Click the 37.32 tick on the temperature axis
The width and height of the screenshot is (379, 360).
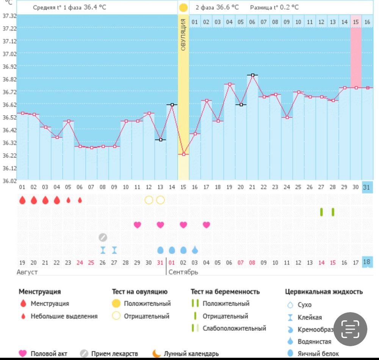point(9,16)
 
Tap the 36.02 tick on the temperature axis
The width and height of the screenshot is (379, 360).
point(9,181)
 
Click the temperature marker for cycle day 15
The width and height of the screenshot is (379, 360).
point(183,154)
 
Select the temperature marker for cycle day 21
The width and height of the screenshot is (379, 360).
point(252,75)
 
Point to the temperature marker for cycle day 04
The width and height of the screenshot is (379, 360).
point(57,137)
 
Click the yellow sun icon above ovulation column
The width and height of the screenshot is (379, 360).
point(183,7)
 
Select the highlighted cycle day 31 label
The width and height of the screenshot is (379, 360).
point(367,187)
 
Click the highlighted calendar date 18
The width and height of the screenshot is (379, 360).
point(367,262)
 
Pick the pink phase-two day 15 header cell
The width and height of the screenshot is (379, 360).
point(356,22)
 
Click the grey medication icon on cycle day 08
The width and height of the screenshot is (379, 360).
point(103,237)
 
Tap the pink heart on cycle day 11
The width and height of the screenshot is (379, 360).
point(137,225)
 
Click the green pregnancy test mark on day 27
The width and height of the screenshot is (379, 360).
point(321,212)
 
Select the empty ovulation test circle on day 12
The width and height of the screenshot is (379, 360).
point(149,200)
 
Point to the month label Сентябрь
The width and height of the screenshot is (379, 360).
point(183,272)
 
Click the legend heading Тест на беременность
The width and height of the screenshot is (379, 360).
point(225,291)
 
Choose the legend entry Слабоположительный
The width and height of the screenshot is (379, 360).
point(234,328)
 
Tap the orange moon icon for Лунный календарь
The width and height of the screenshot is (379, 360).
point(157,354)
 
